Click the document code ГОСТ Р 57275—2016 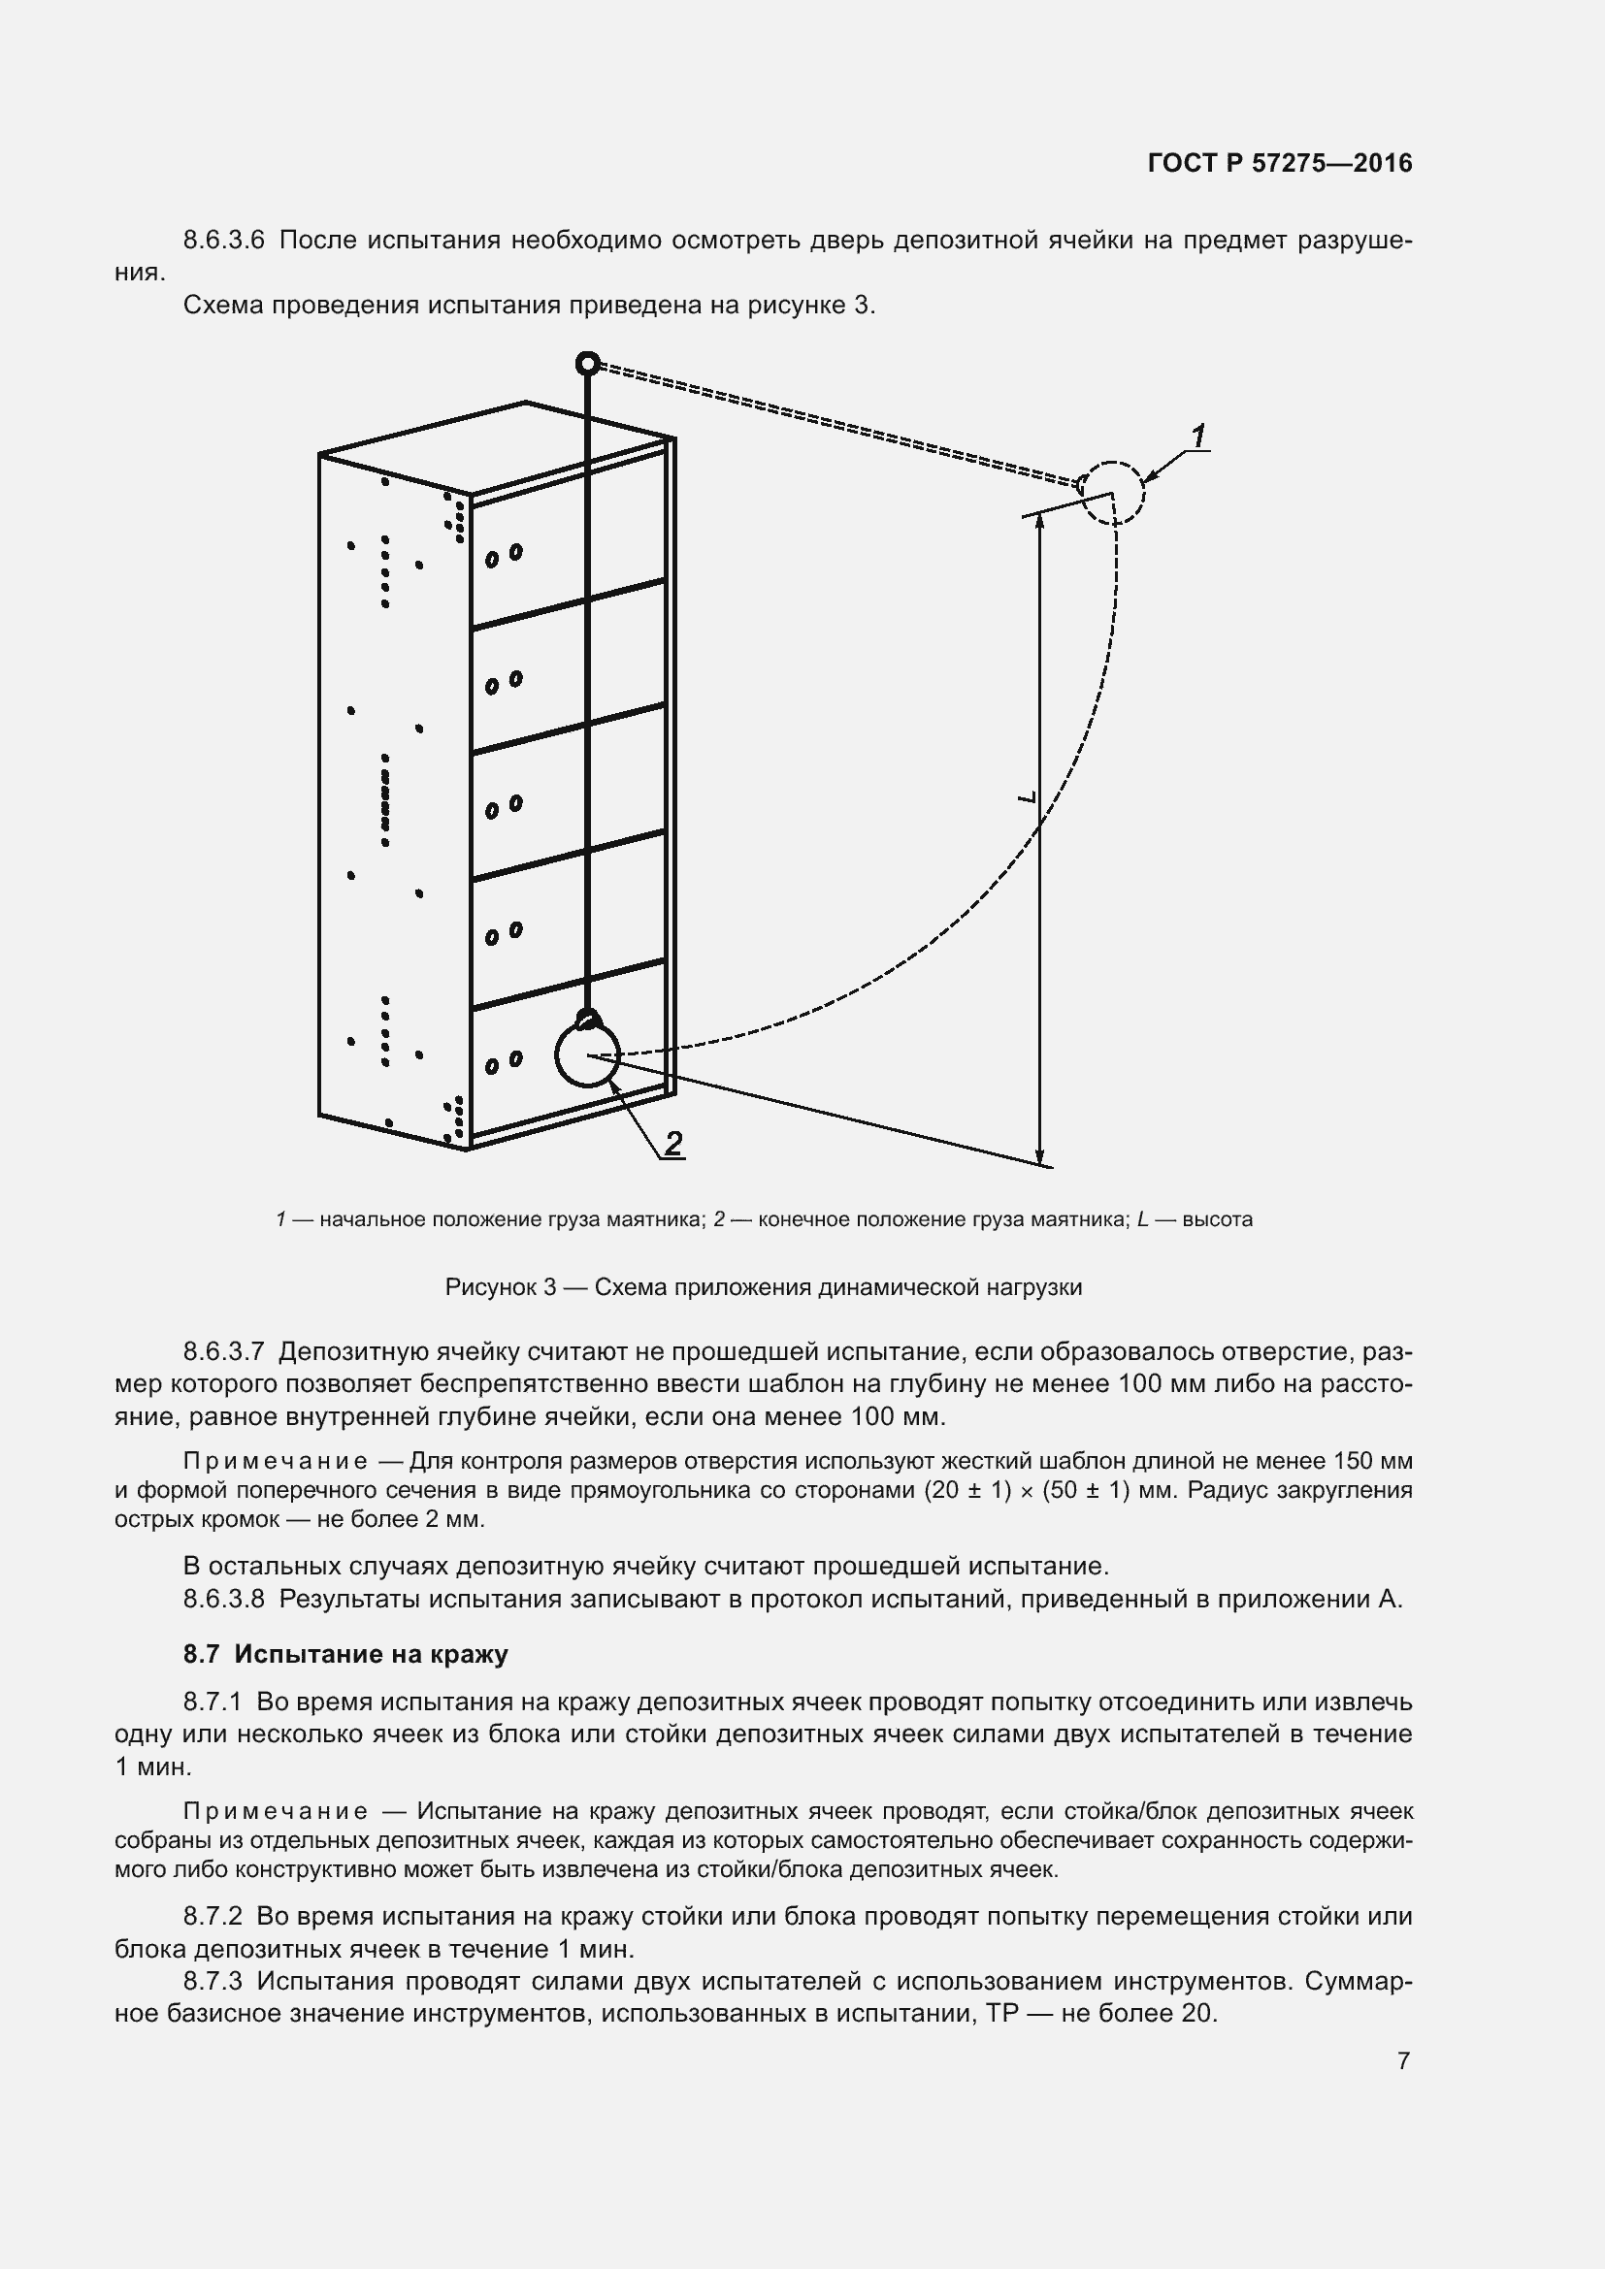pos(1280,163)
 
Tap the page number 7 pos(1403,2060)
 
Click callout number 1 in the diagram pos(1197,436)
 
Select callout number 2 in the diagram pos(673,1144)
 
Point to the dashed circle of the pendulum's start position pos(1113,493)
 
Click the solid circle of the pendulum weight pos(587,1055)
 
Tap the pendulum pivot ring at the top pos(587,365)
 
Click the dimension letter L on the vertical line pos(1027,795)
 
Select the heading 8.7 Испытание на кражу pos(345,1653)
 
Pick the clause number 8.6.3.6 pos(224,241)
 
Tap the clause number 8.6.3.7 pos(224,1351)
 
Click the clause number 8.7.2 pos(213,1916)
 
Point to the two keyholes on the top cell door pos(503,556)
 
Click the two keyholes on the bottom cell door pos(503,1062)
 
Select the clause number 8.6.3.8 pos(224,1598)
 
